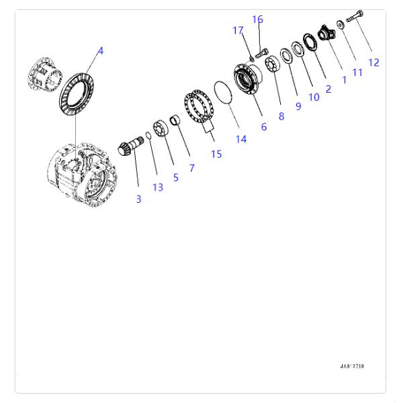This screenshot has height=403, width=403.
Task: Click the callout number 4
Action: pos(101,51)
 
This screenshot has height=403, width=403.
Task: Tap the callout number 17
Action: pos(238,30)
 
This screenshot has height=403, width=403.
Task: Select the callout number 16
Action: pos(257,19)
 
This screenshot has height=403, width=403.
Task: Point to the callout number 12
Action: pos(373,62)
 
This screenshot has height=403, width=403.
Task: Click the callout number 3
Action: pos(138,199)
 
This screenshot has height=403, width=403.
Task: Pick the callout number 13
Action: pos(158,187)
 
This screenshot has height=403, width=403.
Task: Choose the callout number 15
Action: pos(216,154)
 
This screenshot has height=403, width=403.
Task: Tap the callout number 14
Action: pos(241,139)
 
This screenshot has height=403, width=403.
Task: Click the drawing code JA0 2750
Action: pos(352,366)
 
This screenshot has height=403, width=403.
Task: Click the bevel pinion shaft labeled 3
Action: pos(130,146)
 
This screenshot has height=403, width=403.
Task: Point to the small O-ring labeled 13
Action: pos(148,135)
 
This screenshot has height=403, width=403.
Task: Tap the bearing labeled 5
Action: pos(161,128)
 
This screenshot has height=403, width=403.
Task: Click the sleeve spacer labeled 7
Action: pos(175,120)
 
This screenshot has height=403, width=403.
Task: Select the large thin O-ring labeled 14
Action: pos(223,93)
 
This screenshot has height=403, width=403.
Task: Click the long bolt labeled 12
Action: pos(355,16)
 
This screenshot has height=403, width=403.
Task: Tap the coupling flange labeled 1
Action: pos(326,33)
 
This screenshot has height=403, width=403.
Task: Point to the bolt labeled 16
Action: pos(262,54)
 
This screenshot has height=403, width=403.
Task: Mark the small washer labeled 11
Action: pos(341,25)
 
